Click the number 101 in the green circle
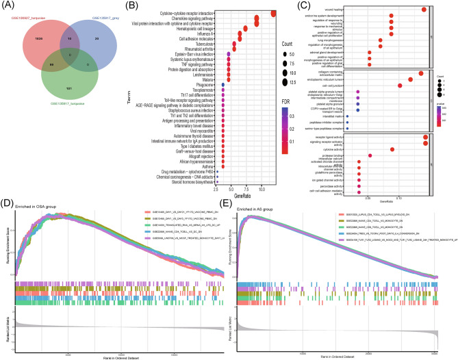[x=60, y=88]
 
